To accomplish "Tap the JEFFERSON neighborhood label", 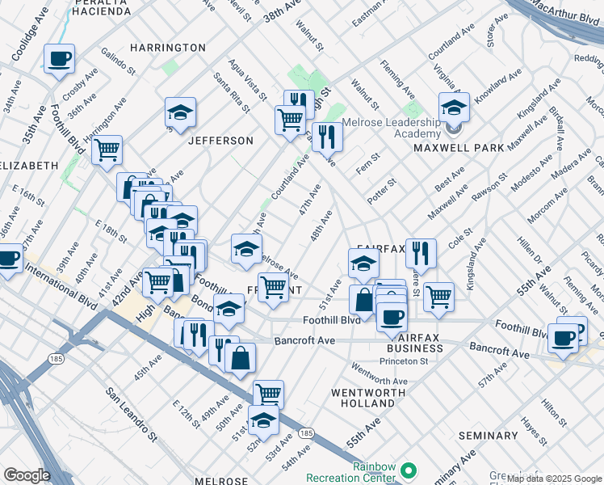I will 220,141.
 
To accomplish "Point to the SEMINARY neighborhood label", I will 487,436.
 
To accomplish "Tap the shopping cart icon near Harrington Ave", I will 107,150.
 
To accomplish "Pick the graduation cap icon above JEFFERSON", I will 181,112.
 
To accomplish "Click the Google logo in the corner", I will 27,475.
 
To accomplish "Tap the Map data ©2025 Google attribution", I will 554,479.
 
